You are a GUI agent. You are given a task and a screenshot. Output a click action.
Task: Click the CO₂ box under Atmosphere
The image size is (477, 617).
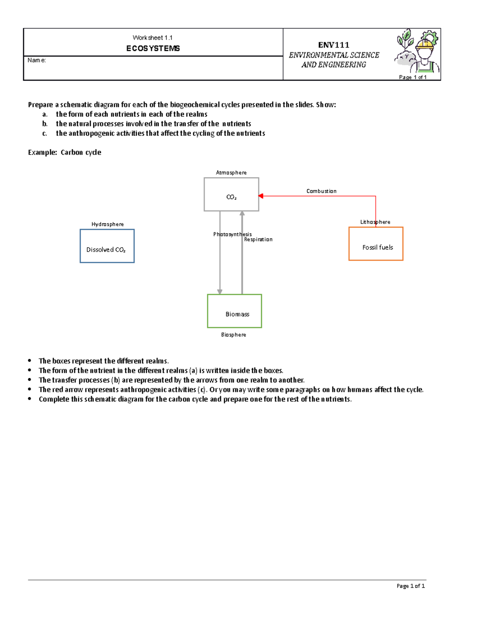[x=231, y=194]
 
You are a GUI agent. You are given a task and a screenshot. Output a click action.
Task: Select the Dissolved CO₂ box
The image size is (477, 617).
[x=107, y=246]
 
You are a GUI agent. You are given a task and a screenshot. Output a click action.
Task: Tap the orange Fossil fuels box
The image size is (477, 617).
[x=376, y=244]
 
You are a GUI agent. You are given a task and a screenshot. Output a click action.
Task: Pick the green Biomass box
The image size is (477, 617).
[x=235, y=311]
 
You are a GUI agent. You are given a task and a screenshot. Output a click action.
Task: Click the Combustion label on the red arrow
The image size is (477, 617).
[x=321, y=191]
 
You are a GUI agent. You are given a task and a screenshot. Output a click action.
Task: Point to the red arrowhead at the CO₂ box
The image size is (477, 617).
[x=261, y=196]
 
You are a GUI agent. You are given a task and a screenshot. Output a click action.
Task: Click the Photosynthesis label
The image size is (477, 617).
[x=232, y=234]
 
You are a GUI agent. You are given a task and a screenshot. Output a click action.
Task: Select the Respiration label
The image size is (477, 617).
[x=258, y=240]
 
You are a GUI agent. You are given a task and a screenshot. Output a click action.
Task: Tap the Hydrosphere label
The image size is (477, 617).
[x=107, y=224]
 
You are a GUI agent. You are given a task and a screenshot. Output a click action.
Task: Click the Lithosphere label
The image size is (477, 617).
[x=375, y=222]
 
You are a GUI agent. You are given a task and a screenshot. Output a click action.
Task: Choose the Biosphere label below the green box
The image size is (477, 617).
[x=233, y=335]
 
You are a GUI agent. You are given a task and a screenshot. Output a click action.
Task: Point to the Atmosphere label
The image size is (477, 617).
[x=231, y=172]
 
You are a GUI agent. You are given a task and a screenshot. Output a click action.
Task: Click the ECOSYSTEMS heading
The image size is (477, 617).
[x=153, y=48]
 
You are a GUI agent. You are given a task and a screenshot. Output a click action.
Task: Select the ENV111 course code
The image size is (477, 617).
[x=334, y=45]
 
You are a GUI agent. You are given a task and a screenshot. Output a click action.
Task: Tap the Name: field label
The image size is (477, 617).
[x=37, y=60]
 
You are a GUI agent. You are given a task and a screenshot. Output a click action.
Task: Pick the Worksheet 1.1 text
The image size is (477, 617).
[x=153, y=38]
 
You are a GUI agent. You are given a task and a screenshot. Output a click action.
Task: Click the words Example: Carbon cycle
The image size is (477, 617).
[x=64, y=152]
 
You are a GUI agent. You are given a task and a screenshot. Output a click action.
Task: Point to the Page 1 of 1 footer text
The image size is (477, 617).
[x=411, y=586]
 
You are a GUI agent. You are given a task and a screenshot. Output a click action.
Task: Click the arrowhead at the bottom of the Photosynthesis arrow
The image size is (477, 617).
[x=220, y=292]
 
